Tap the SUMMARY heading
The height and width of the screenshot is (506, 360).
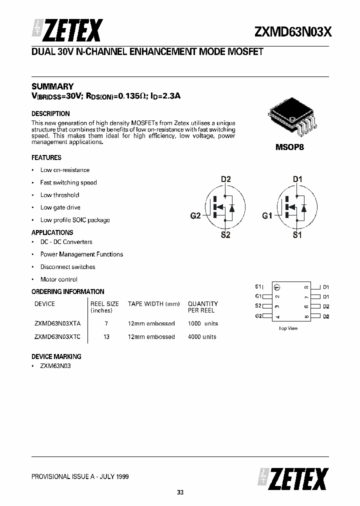tap(52, 86)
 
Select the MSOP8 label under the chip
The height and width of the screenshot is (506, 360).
tap(290, 148)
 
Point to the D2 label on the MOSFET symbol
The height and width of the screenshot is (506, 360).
tap(226, 179)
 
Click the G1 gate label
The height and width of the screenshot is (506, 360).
tap(267, 216)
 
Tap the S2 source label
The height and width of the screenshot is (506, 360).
tap(225, 235)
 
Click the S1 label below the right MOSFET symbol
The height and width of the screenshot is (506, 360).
tap(297, 235)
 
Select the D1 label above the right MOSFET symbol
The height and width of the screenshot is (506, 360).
tap(297, 179)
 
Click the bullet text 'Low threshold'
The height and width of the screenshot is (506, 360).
tap(59, 195)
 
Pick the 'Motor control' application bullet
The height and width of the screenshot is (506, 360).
tap(58, 279)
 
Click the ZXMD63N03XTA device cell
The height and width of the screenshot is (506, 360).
tap(57, 323)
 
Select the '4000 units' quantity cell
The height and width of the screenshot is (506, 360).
tap(202, 336)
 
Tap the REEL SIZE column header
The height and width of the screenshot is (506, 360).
tap(104, 303)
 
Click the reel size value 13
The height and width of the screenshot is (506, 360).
tap(106, 336)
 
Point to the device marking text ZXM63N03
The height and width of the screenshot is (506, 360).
tap(56, 366)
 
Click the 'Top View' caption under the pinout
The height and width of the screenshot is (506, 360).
tap(288, 328)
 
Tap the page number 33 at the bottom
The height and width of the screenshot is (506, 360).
tap(180, 492)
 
